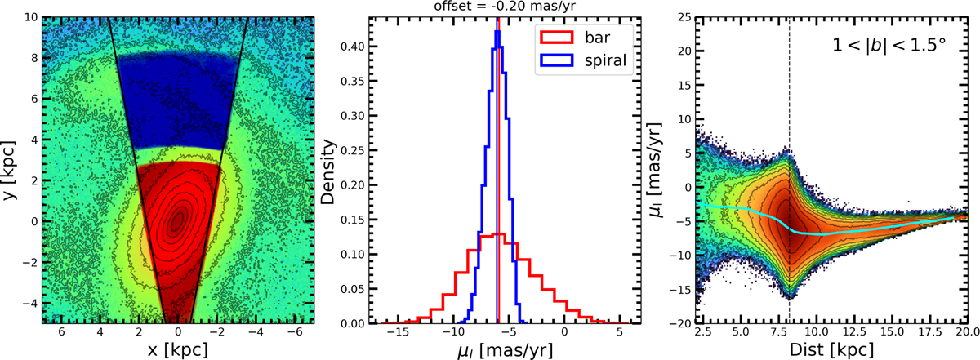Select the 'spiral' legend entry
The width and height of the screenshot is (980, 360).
(612, 60)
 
